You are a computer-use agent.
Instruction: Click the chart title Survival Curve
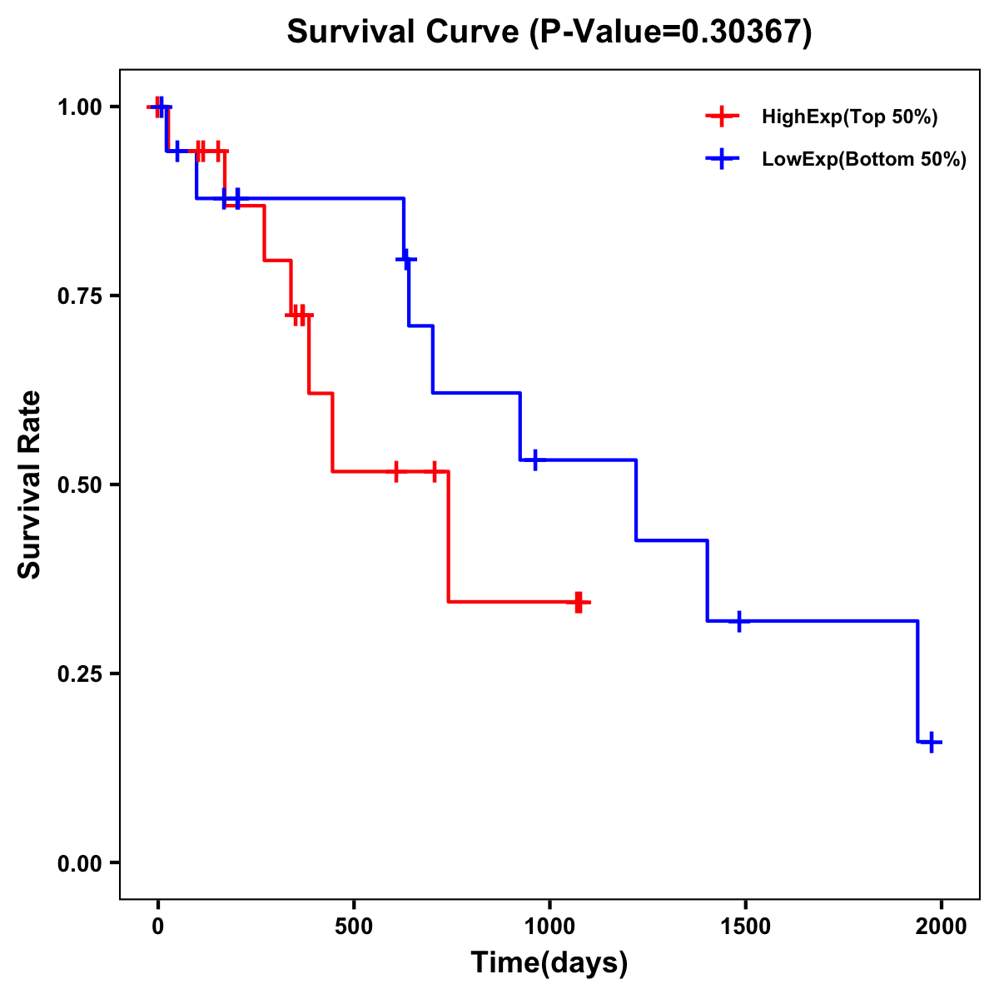(549, 32)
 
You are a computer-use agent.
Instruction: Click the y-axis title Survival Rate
(30, 485)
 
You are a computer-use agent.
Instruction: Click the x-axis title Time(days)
(549, 963)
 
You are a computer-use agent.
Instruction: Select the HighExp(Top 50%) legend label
(850, 117)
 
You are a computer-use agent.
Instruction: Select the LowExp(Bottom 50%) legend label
(864, 160)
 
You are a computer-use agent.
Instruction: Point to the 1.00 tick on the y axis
(80, 107)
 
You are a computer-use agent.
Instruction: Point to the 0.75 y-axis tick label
(80, 296)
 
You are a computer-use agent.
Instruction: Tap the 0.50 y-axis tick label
(80, 485)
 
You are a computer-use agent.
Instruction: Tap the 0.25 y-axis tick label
(80, 673)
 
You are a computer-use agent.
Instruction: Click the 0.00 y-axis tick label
(80, 862)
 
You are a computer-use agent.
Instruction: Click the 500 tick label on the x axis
(354, 927)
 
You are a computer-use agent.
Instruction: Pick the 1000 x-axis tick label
(549, 927)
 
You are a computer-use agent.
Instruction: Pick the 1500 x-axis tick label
(745, 927)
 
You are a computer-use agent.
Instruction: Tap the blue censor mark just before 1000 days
(534, 460)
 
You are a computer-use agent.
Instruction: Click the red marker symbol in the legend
(722, 117)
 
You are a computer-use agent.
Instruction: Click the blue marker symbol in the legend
(722, 160)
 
